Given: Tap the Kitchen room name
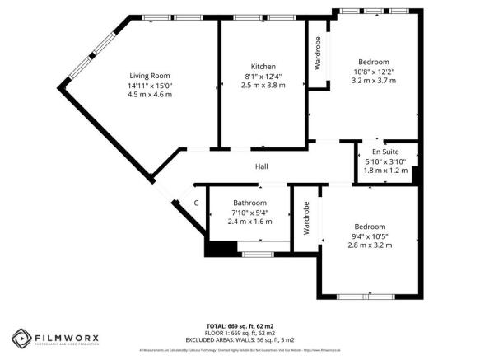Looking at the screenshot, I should pyautogui.click(x=263, y=67).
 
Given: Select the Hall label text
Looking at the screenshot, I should pyautogui.click(x=262, y=166).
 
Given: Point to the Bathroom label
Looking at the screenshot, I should pyautogui.click(x=249, y=203).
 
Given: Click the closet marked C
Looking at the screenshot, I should pyautogui.click(x=196, y=203).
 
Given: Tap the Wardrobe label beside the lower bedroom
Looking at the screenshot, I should pyautogui.click(x=305, y=219).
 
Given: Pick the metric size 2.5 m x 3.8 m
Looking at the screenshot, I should pyautogui.click(x=263, y=85).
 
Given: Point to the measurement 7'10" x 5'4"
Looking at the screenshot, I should pyautogui.click(x=249, y=213).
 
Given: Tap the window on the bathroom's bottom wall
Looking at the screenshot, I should pyautogui.click(x=258, y=253).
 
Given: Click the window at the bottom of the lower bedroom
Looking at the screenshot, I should pyautogui.click(x=362, y=295).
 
